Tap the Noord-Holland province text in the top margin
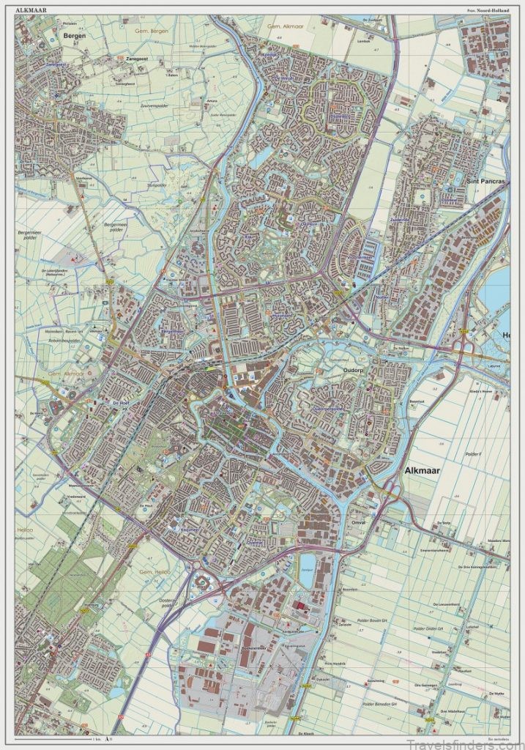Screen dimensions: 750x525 coord(488,10)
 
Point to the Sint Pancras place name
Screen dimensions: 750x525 coord(485,180)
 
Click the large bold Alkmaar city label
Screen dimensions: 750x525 coord(422,471)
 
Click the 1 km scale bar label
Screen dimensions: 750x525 coord(96,742)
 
